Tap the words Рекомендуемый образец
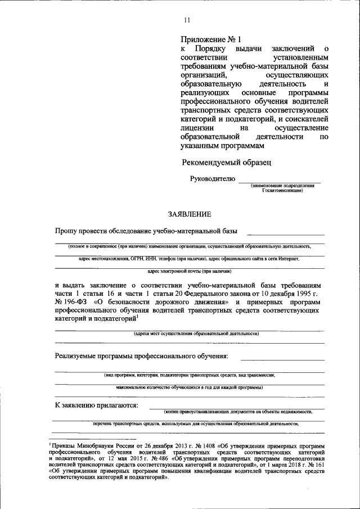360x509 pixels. [x=226, y=163]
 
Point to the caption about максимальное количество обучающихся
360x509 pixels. [x=190, y=388]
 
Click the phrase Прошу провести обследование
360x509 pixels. [x=102, y=231]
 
